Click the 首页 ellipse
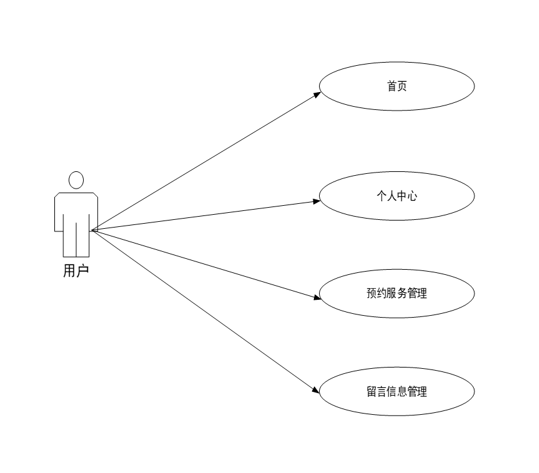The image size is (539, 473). tap(396, 86)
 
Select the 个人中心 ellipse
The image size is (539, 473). tap(396, 196)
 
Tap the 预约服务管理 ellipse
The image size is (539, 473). tap(396, 294)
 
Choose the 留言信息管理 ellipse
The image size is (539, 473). tap(396, 392)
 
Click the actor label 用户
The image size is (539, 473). tap(75, 271)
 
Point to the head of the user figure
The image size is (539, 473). tap(76, 180)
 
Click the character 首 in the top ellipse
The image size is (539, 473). tap(391, 86)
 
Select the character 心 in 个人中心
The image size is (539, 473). tap(412, 196)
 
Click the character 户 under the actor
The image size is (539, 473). tap(82, 271)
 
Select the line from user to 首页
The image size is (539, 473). tap(205, 162)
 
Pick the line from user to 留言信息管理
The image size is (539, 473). tap(205, 311)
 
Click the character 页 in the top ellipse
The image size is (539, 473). tap(402, 86)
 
